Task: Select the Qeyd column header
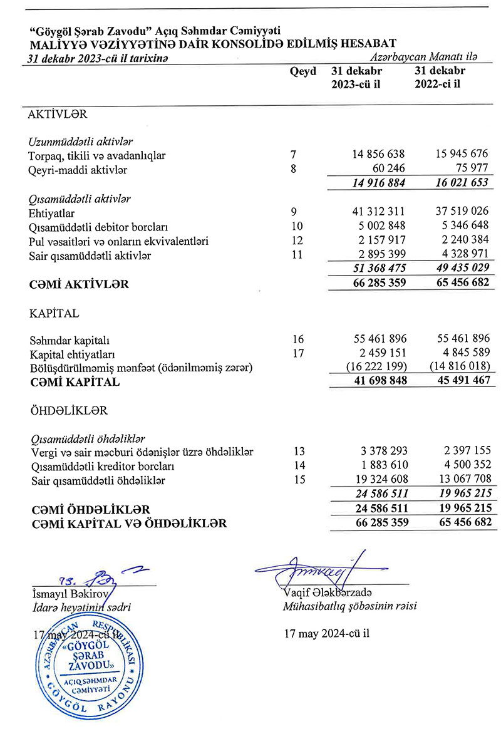click(x=303, y=71)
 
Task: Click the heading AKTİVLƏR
click(x=58, y=115)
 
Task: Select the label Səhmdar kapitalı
click(x=69, y=340)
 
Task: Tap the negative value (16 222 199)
click(x=374, y=368)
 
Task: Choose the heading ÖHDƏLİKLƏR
click(x=68, y=411)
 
